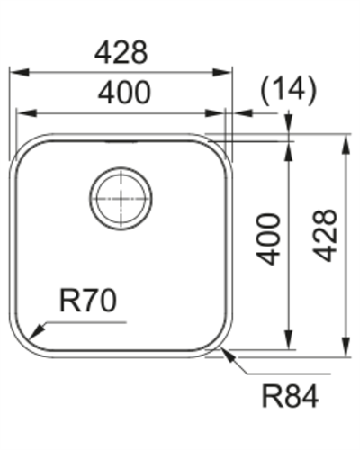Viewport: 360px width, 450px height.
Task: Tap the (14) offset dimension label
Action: (287, 89)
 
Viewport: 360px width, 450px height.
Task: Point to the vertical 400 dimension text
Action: (269, 238)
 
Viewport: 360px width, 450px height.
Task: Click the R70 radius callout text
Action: (87, 301)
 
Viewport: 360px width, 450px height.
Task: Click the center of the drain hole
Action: (121, 195)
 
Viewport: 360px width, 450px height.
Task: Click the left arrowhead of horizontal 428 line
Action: (14, 71)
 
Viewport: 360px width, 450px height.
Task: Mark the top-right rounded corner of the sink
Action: (219, 151)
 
